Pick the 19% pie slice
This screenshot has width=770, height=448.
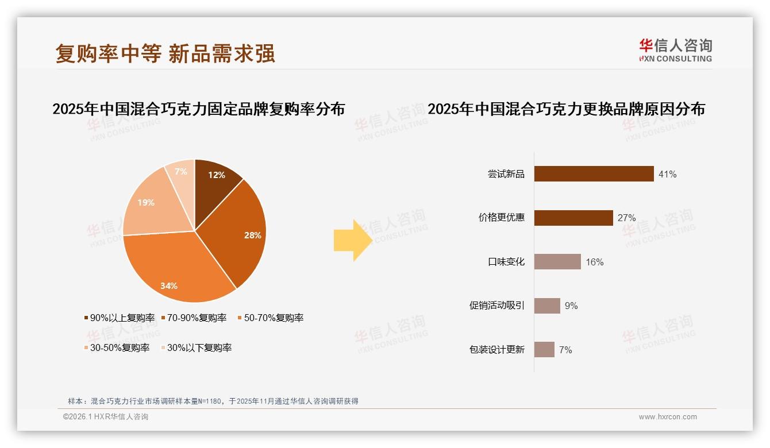(x=149, y=204)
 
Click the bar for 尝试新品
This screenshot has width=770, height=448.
(x=594, y=173)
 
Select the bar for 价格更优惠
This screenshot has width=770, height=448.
(x=573, y=218)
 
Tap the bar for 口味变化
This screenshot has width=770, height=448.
(x=557, y=262)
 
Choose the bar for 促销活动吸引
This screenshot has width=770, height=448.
(x=547, y=306)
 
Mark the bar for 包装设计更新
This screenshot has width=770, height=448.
(x=544, y=350)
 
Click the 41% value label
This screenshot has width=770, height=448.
(x=667, y=174)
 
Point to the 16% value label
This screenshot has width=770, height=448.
(x=594, y=262)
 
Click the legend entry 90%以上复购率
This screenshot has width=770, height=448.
(x=120, y=318)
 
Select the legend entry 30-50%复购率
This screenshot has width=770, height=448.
(x=117, y=347)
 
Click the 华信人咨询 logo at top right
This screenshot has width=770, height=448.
(x=675, y=50)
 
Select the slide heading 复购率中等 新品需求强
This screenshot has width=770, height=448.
(x=165, y=53)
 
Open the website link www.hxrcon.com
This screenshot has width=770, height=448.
(x=668, y=417)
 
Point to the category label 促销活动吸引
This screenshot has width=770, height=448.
(x=496, y=306)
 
